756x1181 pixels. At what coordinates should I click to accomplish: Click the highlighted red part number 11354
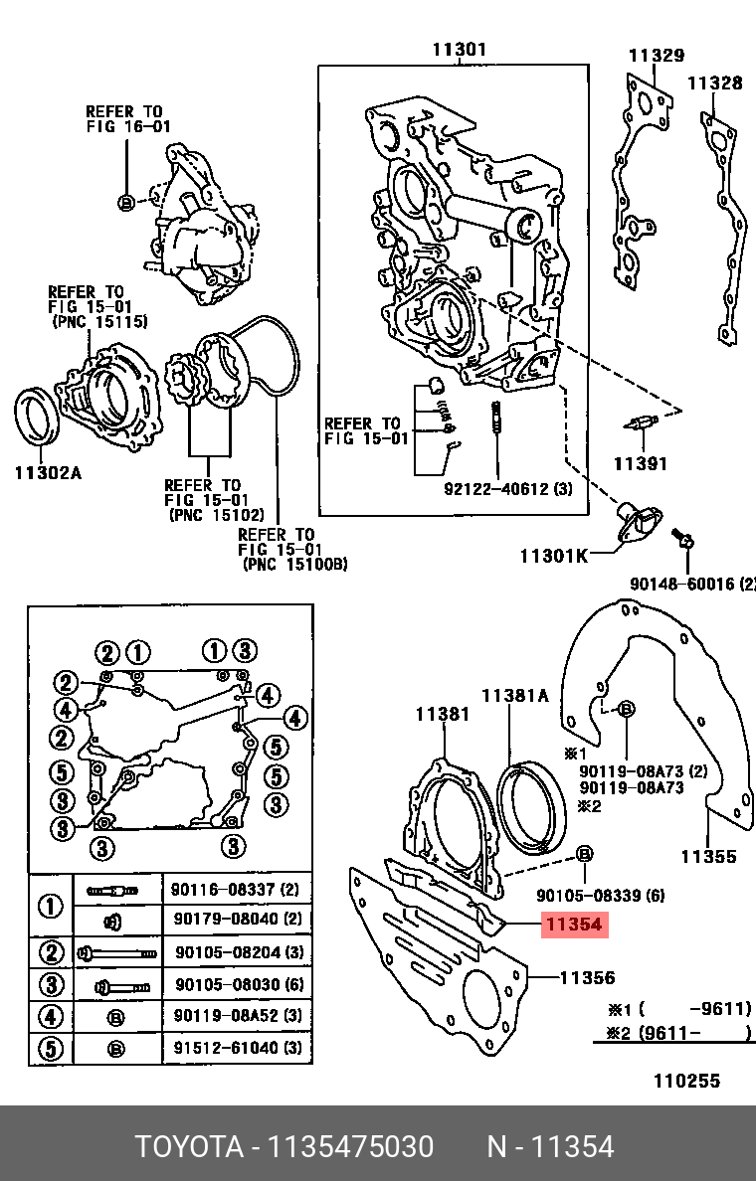[572, 925]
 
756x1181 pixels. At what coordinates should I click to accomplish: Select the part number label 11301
[459, 50]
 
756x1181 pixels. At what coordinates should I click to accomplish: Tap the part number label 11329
[657, 56]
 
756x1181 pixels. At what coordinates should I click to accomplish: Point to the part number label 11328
[715, 84]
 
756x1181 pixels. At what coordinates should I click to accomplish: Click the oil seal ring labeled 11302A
[38, 415]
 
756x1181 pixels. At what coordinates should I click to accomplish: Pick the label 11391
[640, 464]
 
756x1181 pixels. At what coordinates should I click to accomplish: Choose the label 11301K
[553, 556]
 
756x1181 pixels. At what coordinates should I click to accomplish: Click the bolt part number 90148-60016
[692, 584]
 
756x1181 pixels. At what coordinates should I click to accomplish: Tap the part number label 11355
[708, 856]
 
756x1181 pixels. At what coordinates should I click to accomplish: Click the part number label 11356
[587, 978]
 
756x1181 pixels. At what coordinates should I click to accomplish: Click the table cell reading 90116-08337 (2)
[234, 890]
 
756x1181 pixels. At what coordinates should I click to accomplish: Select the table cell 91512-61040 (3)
[238, 1047]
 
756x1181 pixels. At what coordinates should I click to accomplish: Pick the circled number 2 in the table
[51, 953]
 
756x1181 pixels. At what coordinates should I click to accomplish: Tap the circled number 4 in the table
[51, 1016]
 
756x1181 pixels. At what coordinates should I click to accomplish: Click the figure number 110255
[685, 1081]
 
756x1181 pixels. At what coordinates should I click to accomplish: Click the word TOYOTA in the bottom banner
[189, 1147]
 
